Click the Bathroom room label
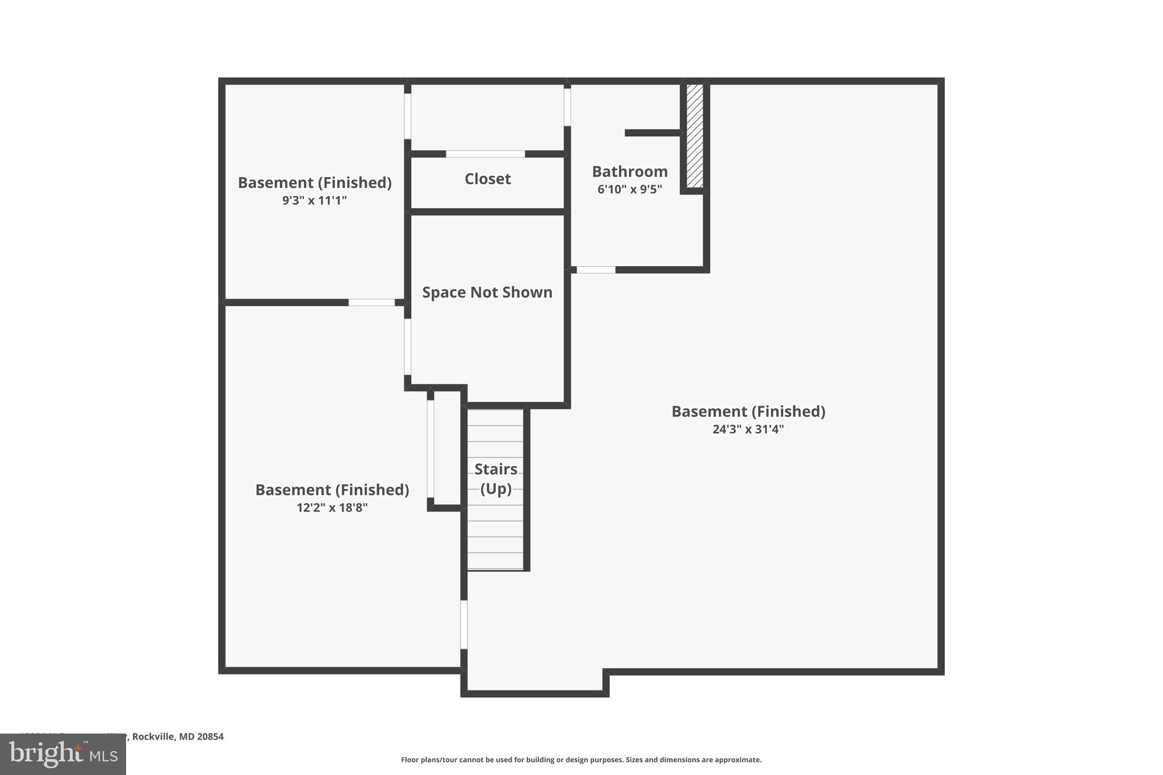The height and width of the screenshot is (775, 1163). (629, 171)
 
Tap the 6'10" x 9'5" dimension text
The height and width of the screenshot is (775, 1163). (629, 189)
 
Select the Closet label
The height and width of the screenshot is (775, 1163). (487, 179)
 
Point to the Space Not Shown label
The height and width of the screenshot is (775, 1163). (487, 292)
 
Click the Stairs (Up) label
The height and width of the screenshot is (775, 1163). (496, 478)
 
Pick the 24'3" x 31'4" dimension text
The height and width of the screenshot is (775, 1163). (748, 429)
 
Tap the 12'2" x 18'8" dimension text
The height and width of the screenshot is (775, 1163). (332, 508)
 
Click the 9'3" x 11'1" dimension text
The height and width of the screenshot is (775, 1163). (314, 200)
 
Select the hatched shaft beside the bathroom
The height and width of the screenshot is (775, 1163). (695, 136)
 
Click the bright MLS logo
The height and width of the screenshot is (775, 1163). (62, 754)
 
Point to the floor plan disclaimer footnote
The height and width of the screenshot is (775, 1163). (581, 760)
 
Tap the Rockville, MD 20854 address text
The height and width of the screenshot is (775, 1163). (178, 736)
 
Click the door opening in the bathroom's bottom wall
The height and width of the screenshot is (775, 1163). (596, 270)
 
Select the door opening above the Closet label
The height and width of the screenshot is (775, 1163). (485, 154)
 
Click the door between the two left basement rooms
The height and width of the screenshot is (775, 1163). (371, 303)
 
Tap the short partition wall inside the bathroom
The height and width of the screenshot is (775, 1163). (652, 133)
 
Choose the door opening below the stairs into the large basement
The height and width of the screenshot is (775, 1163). (464, 625)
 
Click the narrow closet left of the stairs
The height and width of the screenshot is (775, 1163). (446, 449)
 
